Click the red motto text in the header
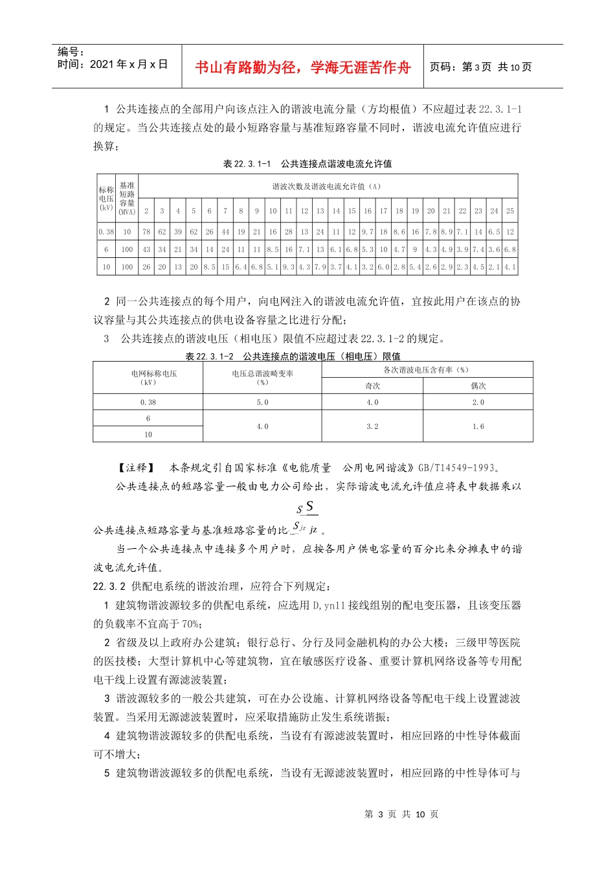pyautogui.click(x=302, y=67)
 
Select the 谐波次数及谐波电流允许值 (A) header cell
pyautogui.click(x=328, y=187)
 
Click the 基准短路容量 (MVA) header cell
pyautogui.click(x=127, y=198)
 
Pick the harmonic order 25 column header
pyautogui.click(x=510, y=211)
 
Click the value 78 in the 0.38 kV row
pyautogui.click(x=146, y=231)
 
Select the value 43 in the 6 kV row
pyautogui.click(x=146, y=249)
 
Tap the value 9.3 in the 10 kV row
pyautogui.click(x=288, y=266)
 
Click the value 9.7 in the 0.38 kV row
pyautogui.click(x=367, y=231)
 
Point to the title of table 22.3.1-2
pyautogui.click(x=293, y=356)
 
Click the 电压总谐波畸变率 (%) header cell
pyautogui.click(x=262, y=377)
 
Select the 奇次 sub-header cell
pyautogui.click(x=372, y=386)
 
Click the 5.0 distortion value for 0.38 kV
pyautogui.click(x=262, y=402)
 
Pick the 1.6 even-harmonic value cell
pyautogui.click(x=478, y=426)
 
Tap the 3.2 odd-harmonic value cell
pyautogui.click(x=372, y=426)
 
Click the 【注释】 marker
pyautogui.click(x=136, y=467)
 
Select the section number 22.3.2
pyautogui.click(x=109, y=586)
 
